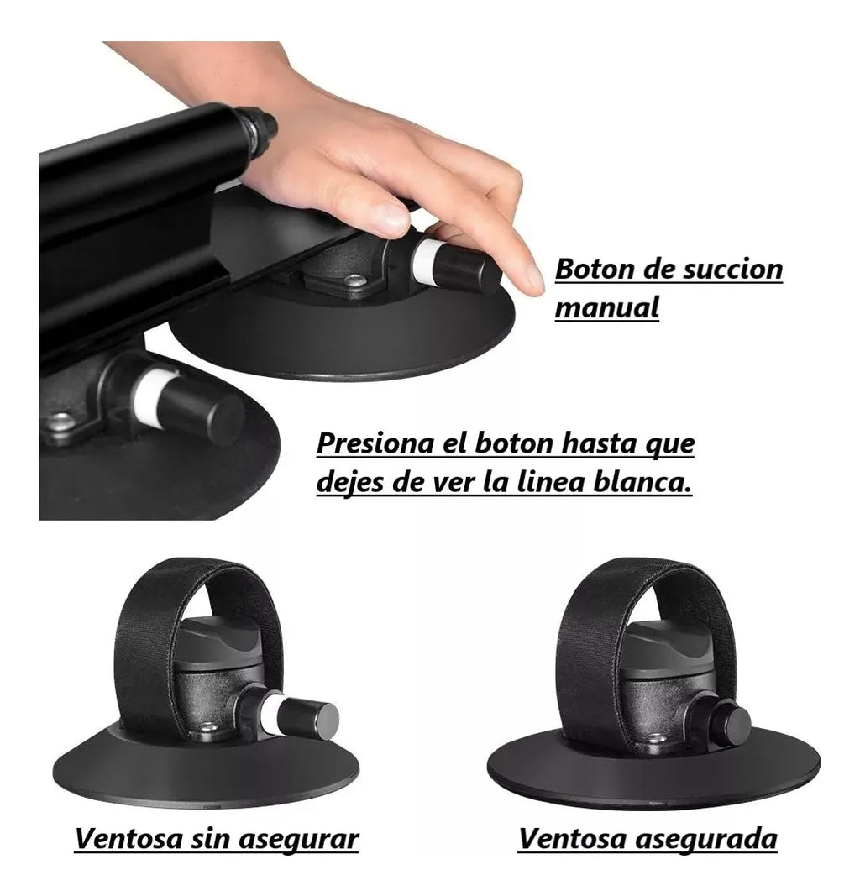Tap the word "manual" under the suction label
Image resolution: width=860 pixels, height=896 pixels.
tap(607, 307)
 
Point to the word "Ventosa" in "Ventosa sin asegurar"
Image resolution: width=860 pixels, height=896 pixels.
tap(128, 839)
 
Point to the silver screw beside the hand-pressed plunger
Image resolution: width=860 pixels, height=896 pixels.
tap(355, 280)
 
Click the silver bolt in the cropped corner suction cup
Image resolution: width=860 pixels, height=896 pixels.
tap(59, 422)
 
